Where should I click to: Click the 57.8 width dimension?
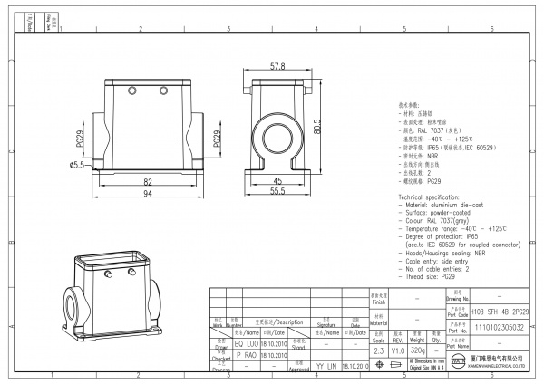(x=277, y=66)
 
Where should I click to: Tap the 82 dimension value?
(x=148, y=181)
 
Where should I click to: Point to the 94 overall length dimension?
(x=148, y=193)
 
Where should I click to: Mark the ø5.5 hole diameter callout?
(x=77, y=165)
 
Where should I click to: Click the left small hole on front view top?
(x=132, y=92)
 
